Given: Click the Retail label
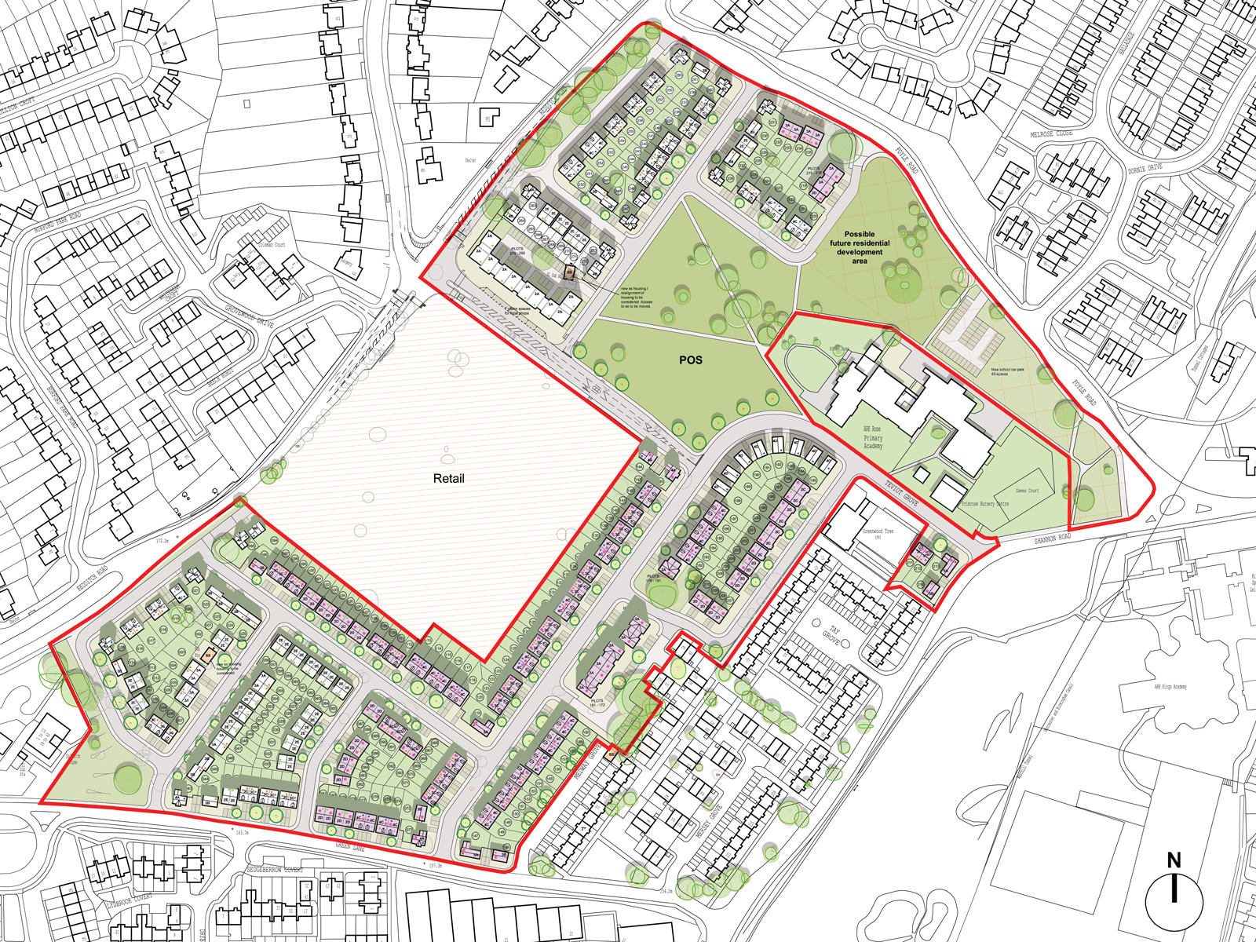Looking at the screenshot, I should click(448, 478).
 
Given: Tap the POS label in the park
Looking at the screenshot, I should click(691, 360).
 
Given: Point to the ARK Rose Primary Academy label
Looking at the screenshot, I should click(872, 437).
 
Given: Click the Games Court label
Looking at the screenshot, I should click(1027, 491).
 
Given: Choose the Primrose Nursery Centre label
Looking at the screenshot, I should click(984, 504).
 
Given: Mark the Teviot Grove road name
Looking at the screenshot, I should click(901, 493).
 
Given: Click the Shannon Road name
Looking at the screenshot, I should click(1052, 539).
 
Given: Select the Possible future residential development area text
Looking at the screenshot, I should click(860, 247).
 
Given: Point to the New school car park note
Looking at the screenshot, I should click(1007, 371).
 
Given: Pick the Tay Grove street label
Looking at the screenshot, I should click(831, 636).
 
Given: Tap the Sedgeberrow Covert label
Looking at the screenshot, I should click(274, 870).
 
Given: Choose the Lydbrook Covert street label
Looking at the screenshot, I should click(130, 900).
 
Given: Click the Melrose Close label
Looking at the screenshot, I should click(1051, 134).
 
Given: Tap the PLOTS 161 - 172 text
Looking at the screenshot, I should click(597, 703).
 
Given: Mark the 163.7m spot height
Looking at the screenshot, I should click(240, 832).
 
